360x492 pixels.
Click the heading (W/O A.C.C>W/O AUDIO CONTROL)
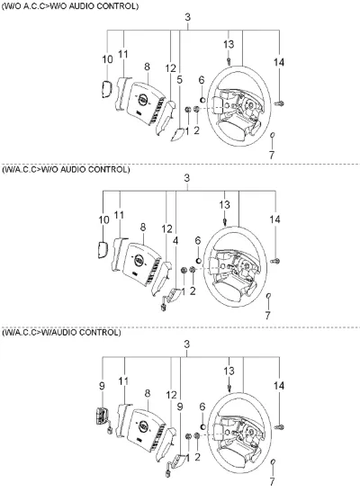tap(70, 6)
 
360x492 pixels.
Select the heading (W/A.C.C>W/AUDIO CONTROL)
tap(61, 333)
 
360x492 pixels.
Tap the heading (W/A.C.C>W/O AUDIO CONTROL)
tap(66, 170)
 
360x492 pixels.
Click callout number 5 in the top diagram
tap(179, 80)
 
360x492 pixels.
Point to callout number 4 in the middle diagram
tap(175, 241)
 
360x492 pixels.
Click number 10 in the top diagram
tap(107, 59)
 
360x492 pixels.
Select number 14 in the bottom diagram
tap(279, 386)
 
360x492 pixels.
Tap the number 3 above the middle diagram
tap(187, 178)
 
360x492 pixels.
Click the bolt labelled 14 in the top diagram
tap(279, 103)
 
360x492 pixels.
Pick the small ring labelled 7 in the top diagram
tap(273, 135)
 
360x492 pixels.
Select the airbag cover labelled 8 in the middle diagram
tap(141, 264)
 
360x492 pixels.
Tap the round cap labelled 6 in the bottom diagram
tap(202, 426)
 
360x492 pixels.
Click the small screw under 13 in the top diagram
tap(229, 61)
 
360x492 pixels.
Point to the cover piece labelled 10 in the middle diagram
tap(103, 250)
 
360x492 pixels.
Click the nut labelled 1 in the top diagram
tap(188, 110)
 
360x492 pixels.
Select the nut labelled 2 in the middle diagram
tap(193, 270)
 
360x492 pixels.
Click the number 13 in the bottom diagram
tap(229, 371)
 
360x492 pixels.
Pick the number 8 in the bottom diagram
tap(148, 393)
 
